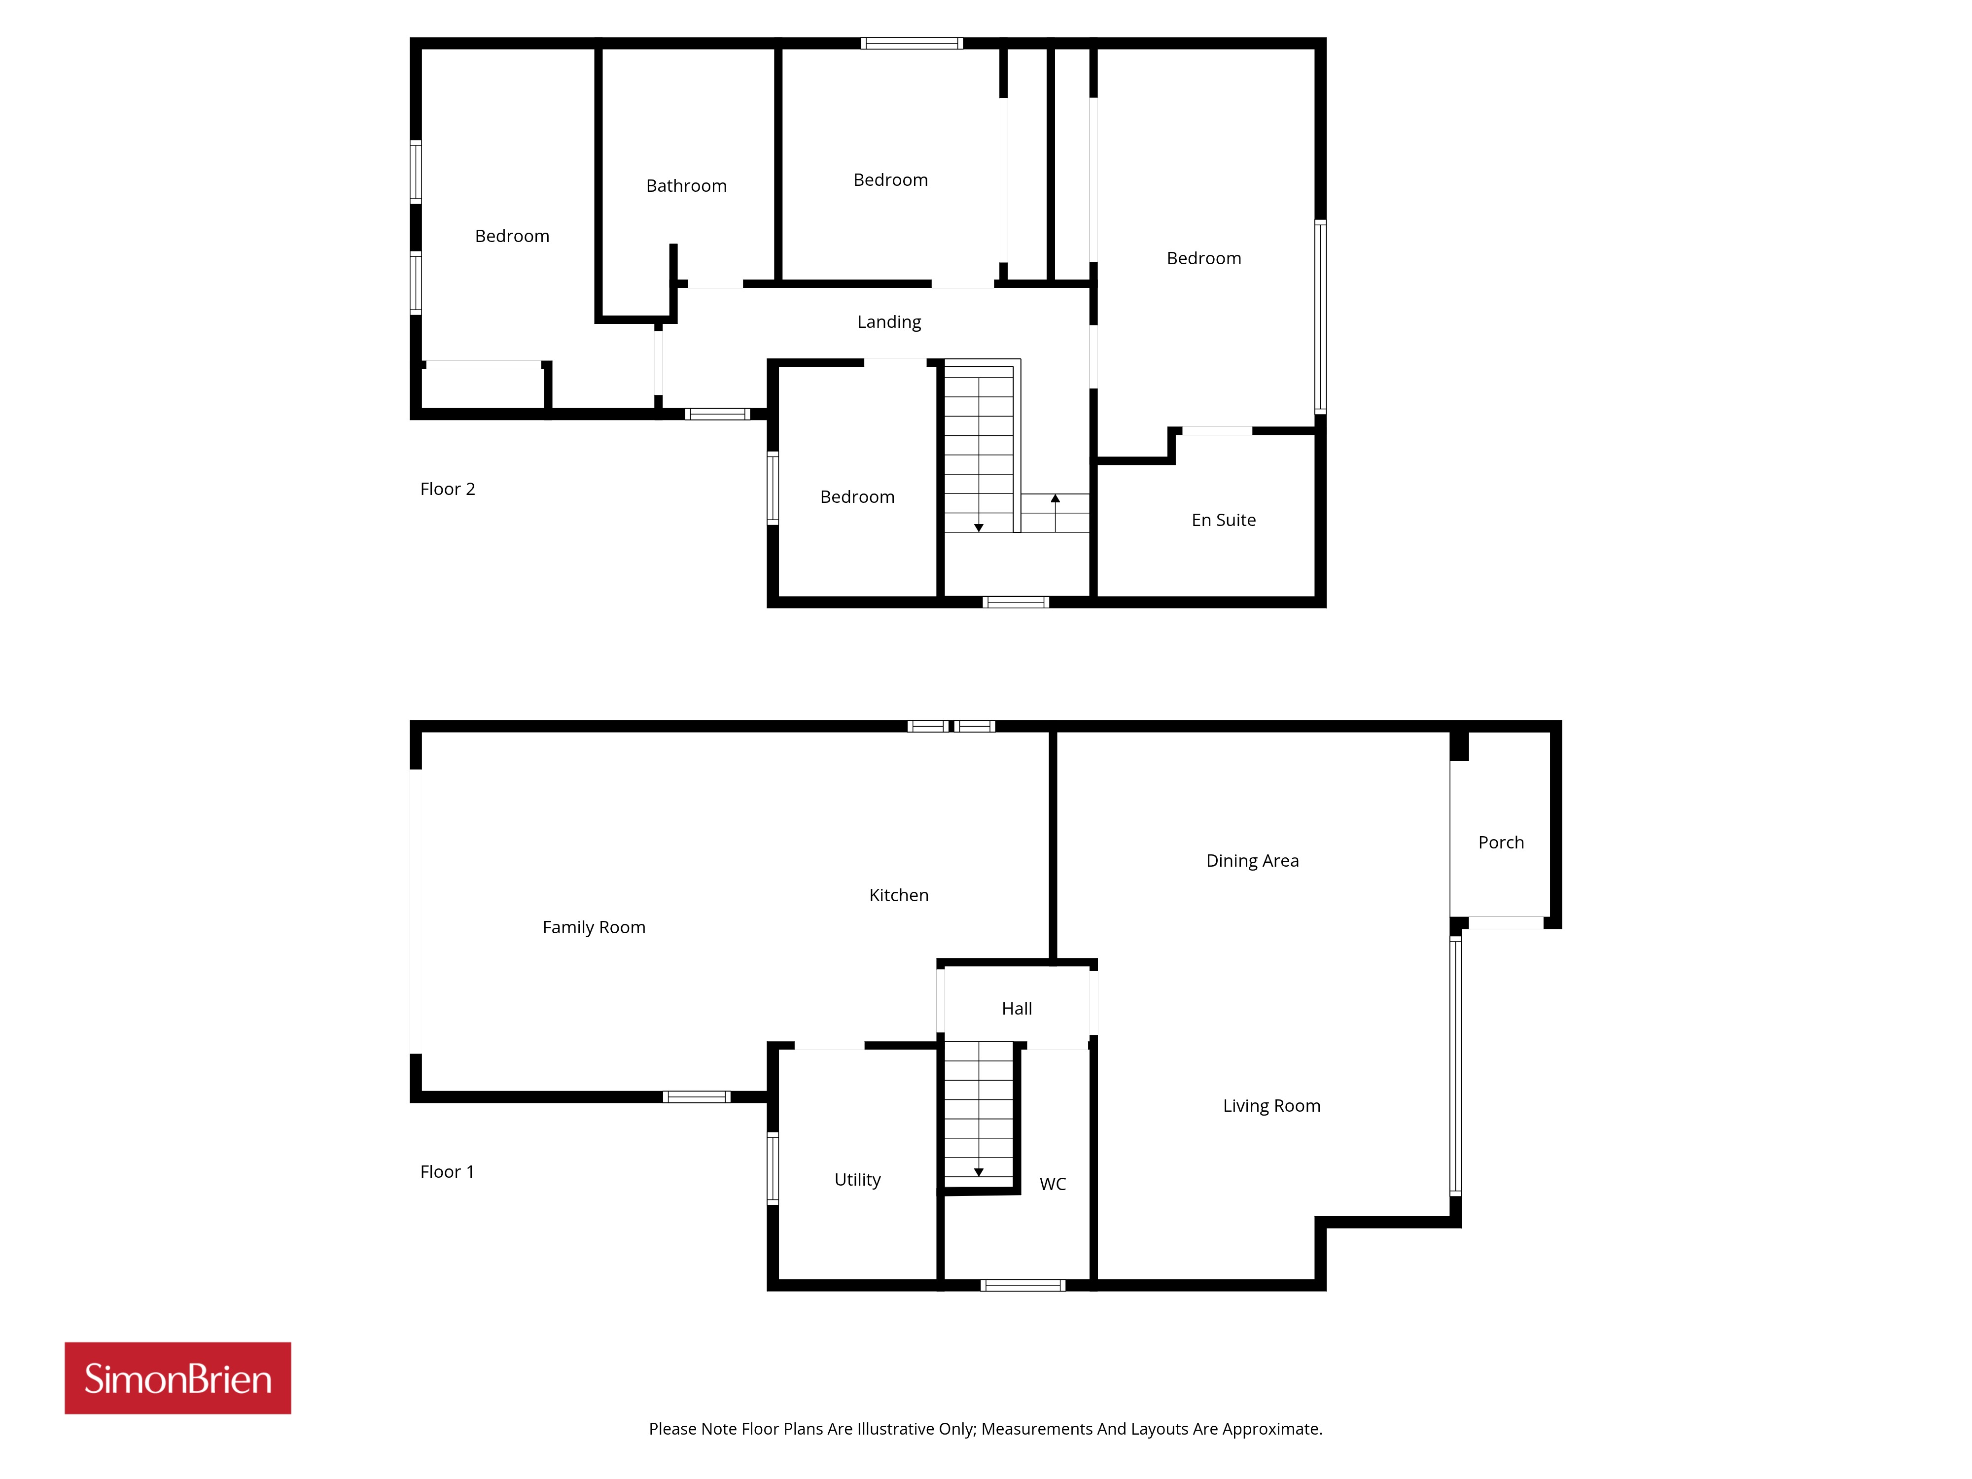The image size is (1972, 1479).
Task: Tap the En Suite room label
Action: click(1223, 520)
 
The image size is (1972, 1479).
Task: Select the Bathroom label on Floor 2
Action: click(686, 185)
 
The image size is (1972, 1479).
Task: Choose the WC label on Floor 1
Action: click(1053, 1184)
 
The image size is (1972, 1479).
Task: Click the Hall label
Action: click(1016, 1008)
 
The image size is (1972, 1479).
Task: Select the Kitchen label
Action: click(899, 895)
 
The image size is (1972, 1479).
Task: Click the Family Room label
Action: click(594, 927)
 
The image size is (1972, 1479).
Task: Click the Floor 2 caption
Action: click(448, 489)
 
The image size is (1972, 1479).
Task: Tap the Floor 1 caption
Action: click(447, 1171)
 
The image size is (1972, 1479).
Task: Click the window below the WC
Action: click(1022, 1285)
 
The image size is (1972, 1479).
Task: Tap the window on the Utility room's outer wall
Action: click(773, 1168)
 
